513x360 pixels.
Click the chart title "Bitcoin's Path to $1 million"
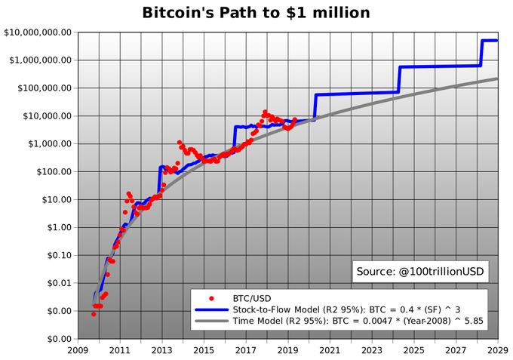pos(256,13)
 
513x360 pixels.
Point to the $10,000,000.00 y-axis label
pos(38,32)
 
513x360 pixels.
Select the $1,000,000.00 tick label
pos(41,60)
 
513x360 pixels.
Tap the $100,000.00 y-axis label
pos(45,88)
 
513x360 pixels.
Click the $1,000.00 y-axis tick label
pos(51,143)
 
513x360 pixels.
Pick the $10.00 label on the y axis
pos(57,200)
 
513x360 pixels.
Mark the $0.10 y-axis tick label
pos(60,255)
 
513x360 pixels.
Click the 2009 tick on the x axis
pos(78,350)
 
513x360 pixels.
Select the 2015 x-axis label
pos(204,350)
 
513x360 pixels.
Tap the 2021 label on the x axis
pos(330,350)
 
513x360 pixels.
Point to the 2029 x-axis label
pos(498,350)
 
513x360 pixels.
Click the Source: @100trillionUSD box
pos(420,272)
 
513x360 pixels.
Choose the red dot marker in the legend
pos(211,298)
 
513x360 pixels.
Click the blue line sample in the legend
pos(211,309)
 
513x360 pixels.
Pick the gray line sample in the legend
pos(211,321)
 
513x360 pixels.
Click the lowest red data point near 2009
pos(94,314)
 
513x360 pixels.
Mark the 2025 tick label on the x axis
pos(414,350)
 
